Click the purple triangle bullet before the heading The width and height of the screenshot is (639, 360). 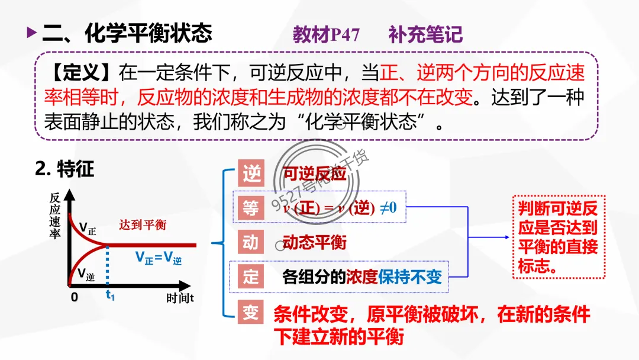pyautogui.click(x=31, y=33)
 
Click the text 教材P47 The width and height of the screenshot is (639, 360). pyautogui.click(x=326, y=34)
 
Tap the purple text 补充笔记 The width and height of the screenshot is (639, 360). pyautogui.click(x=425, y=34)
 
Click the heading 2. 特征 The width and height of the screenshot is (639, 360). pyautogui.click(x=64, y=169)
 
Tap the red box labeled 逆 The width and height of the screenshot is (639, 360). pyautogui.click(x=251, y=173)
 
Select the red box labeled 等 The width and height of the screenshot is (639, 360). pyautogui.click(x=251, y=207)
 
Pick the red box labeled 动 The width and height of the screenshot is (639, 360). pyautogui.click(x=251, y=242)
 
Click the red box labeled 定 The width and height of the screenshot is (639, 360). pyautogui.click(x=251, y=277)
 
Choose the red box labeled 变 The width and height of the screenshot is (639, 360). pyautogui.click(x=251, y=313)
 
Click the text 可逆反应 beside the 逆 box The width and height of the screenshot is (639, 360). pyautogui.click(x=314, y=174)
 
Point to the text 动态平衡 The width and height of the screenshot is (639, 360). pyautogui.click(x=314, y=243)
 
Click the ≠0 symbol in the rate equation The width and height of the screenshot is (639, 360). pyautogui.click(x=388, y=208)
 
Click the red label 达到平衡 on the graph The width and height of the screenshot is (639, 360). pyautogui.click(x=143, y=225)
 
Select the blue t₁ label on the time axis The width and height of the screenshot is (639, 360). pyautogui.click(x=110, y=295)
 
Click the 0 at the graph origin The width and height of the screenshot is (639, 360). pyautogui.click(x=75, y=297)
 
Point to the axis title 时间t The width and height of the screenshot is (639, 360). pyautogui.click(x=180, y=298)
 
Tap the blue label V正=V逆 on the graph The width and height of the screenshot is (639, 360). pyautogui.click(x=159, y=258)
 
